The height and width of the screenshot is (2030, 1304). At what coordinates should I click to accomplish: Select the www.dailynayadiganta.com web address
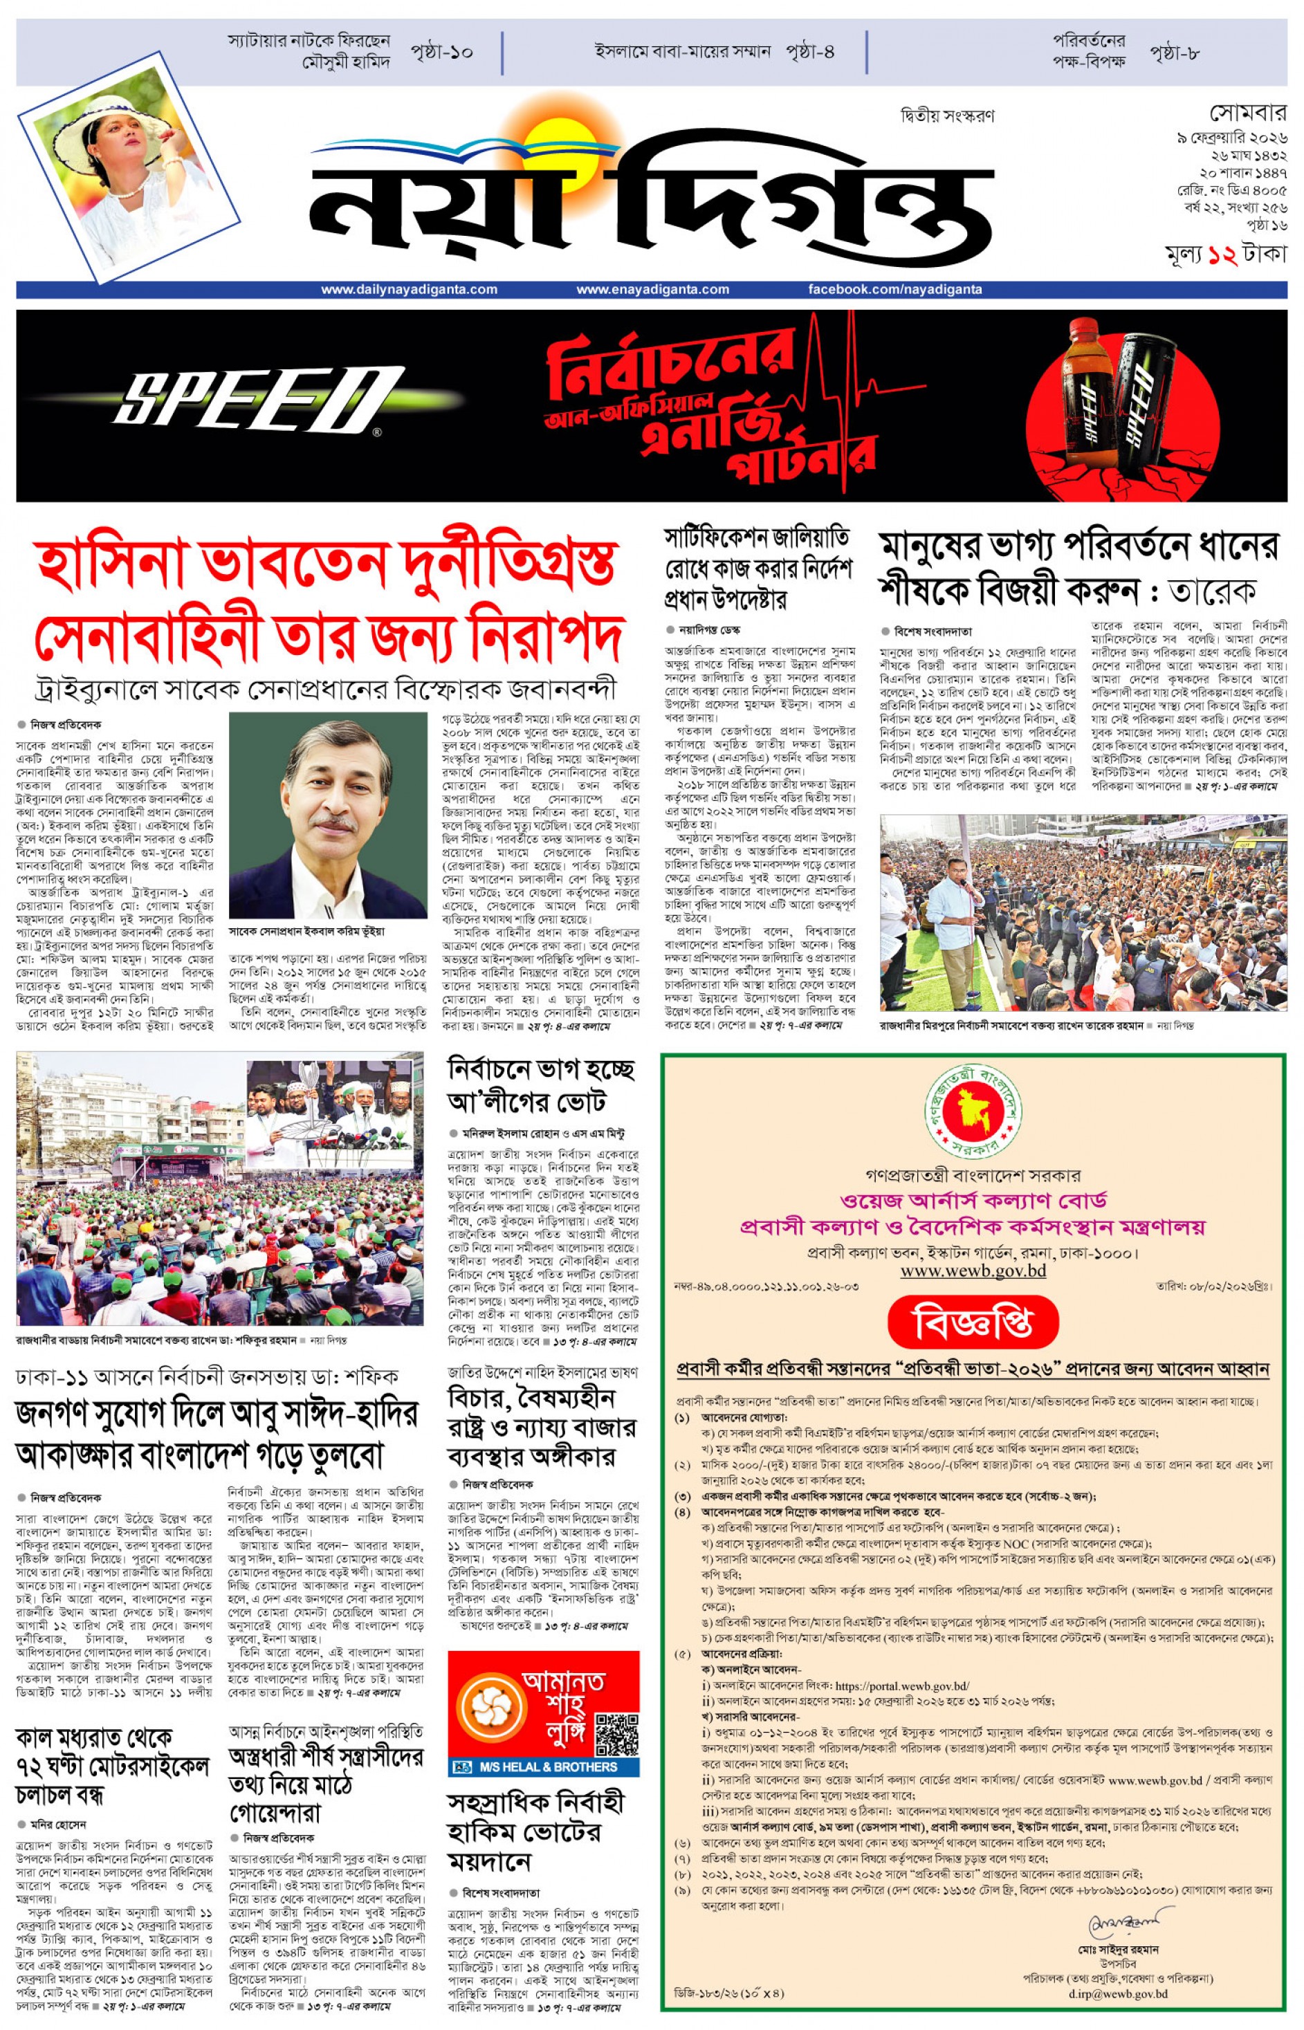tap(409, 290)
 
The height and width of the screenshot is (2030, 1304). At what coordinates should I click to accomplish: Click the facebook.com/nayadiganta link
tap(895, 290)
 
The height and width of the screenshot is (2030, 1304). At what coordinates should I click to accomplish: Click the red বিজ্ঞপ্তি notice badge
tap(973, 1322)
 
